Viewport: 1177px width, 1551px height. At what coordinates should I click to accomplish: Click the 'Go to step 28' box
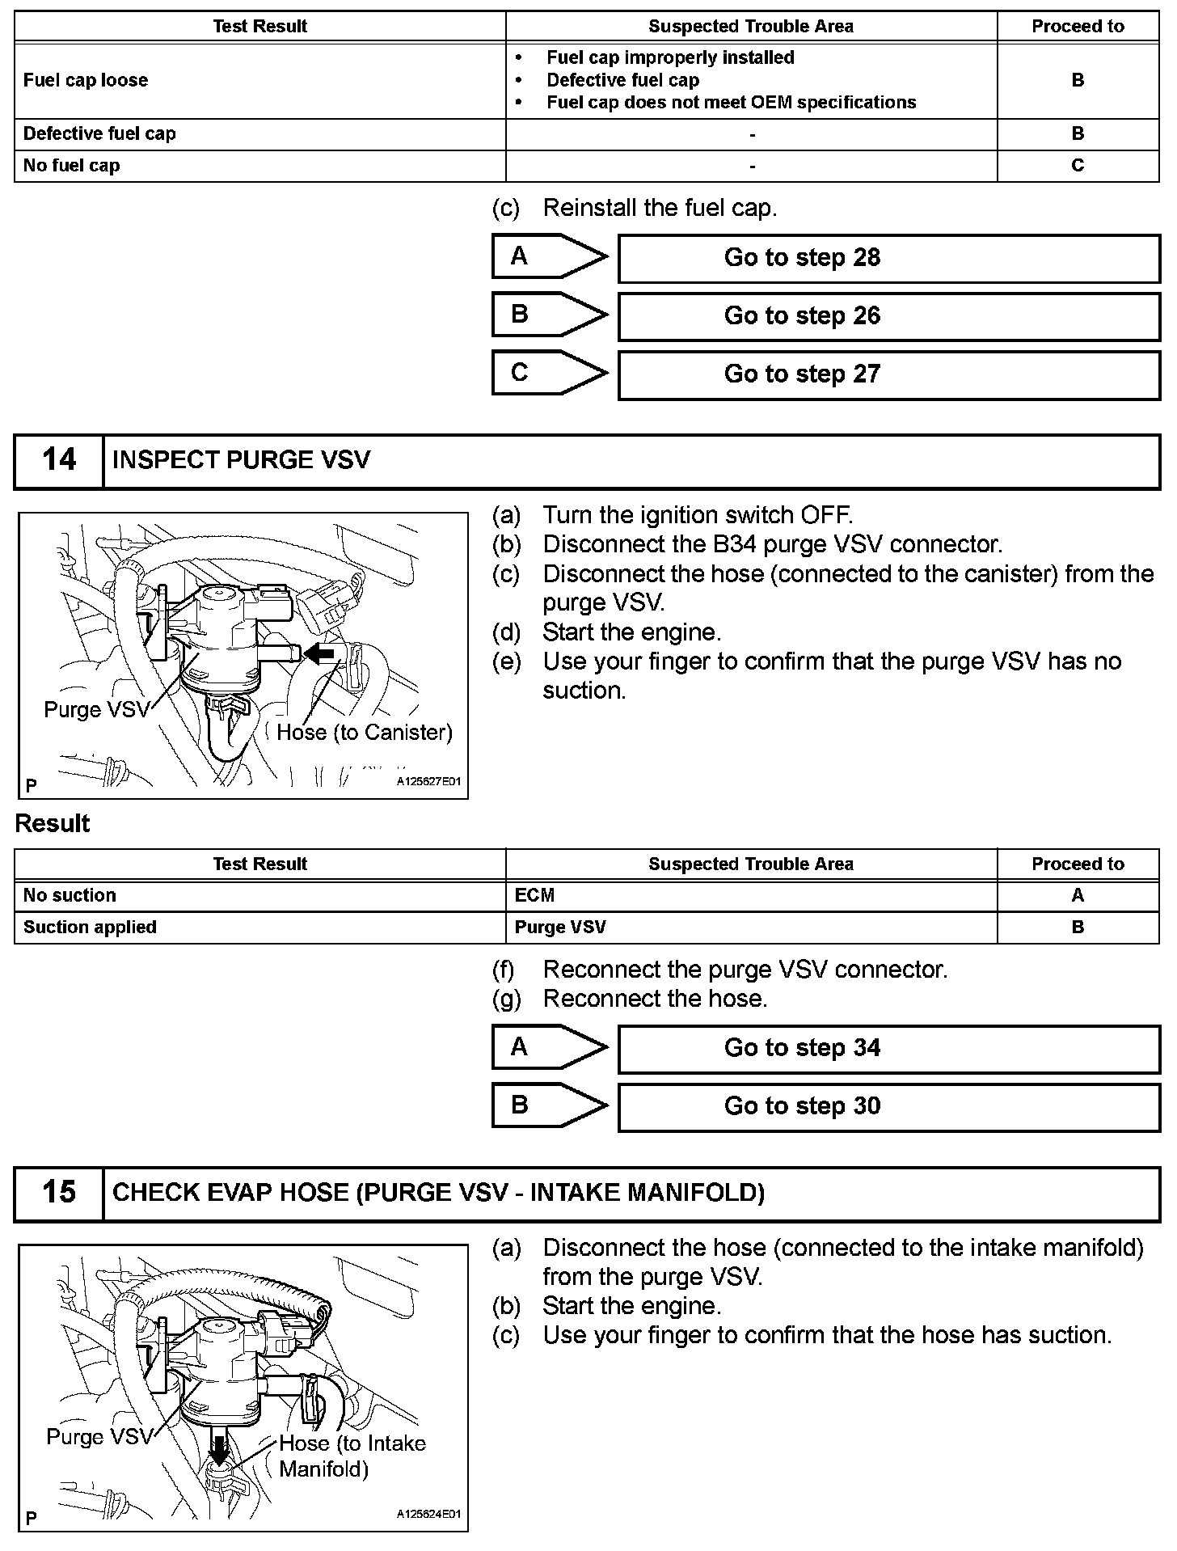[x=888, y=258]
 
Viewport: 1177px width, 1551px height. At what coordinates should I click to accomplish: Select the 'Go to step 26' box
[x=888, y=316]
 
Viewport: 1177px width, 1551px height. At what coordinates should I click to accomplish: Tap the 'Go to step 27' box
[x=888, y=374]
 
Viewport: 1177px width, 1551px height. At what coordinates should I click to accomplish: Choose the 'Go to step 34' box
[x=888, y=1049]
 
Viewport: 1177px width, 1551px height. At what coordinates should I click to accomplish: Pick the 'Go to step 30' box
[x=888, y=1107]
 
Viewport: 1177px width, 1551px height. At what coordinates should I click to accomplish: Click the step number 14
[x=59, y=461]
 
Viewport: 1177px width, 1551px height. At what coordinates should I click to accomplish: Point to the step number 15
[x=59, y=1193]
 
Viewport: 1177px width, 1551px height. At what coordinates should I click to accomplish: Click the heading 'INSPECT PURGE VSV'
[x=241, y=461]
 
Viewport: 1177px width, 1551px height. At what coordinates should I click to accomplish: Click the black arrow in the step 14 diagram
[x=320, y=653]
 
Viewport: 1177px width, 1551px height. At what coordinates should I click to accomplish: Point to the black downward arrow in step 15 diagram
[x=217, y=1444]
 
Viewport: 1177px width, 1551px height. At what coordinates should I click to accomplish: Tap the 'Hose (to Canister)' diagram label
[x=364, y=733]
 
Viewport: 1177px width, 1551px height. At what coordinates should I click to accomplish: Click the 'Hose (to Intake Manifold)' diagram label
[x=352, y=1456]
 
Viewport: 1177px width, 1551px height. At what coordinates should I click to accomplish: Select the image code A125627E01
[x=428, y=782]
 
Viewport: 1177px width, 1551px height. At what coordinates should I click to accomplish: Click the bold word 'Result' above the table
[x=53, y=824]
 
